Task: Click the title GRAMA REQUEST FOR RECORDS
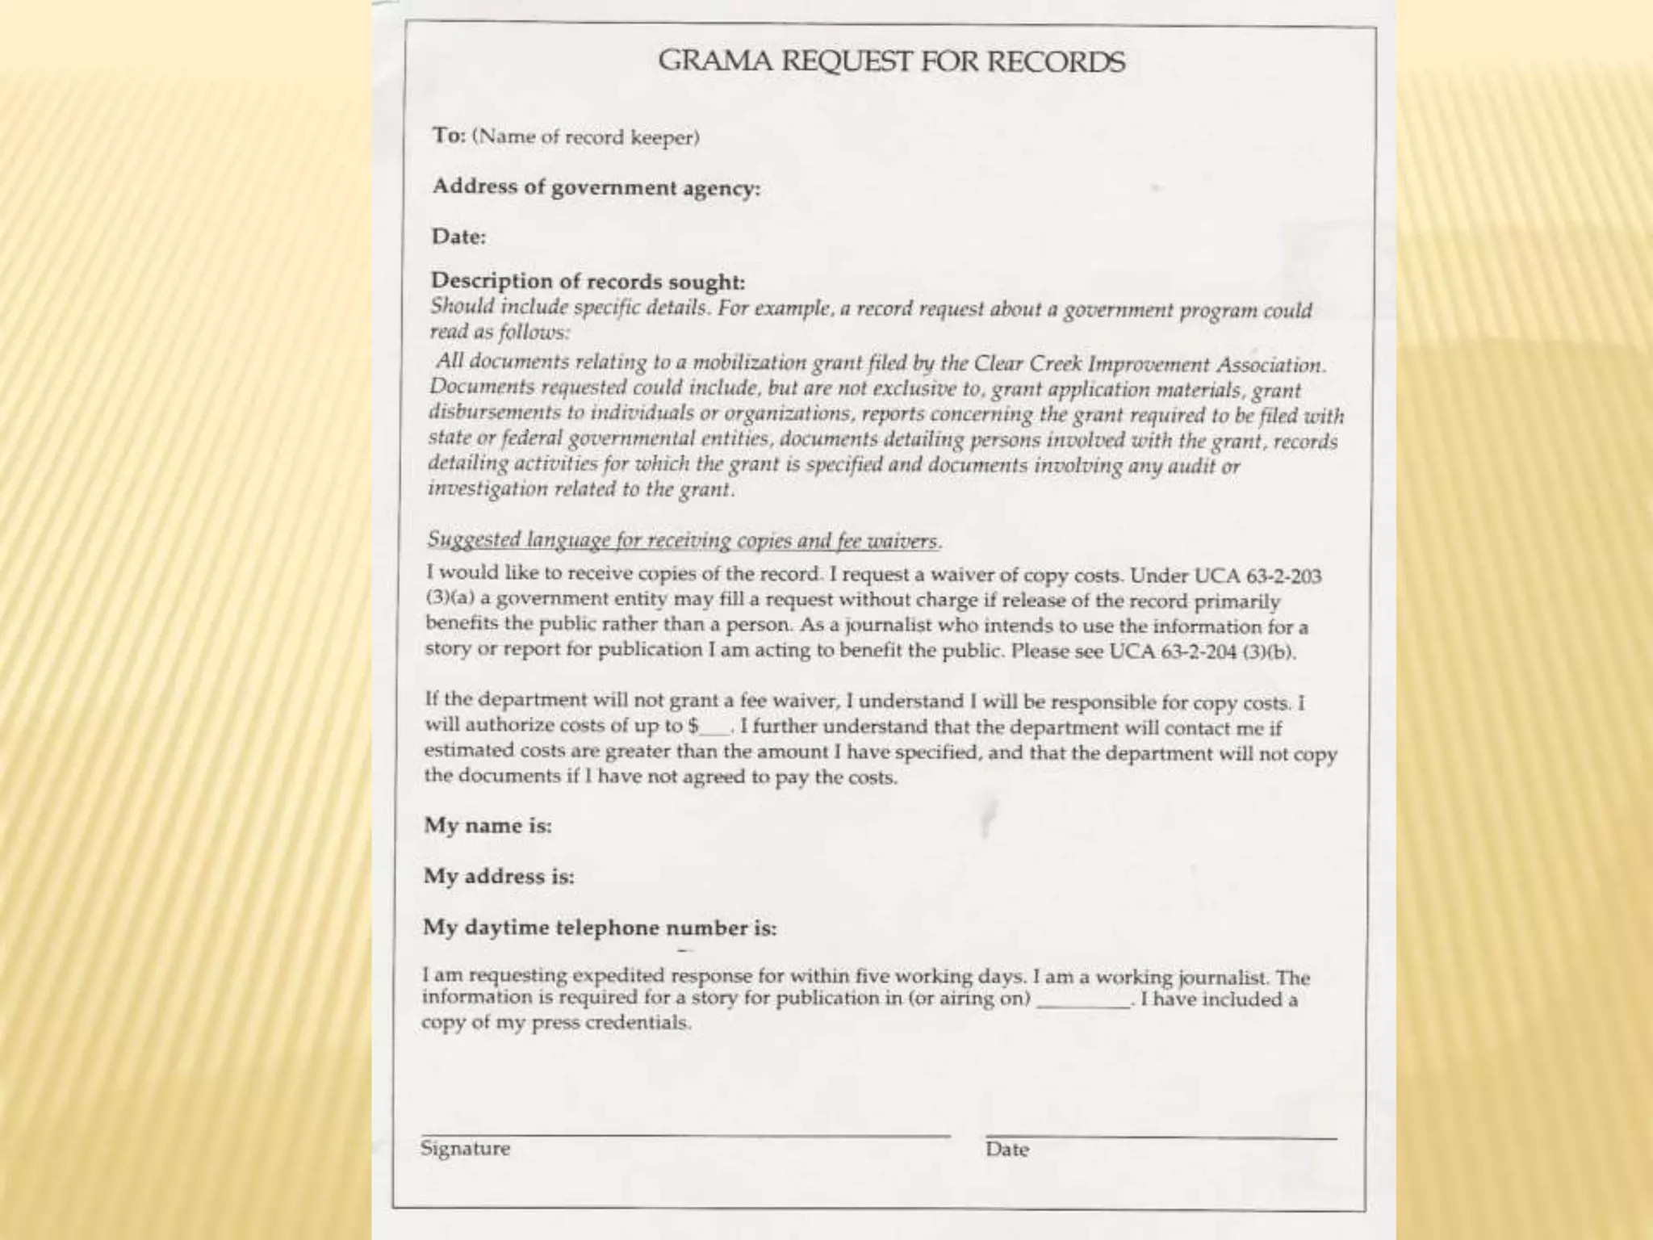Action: pyautogui.click(x=891, y=61)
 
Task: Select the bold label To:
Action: pyautogui.click(x=449, y=136)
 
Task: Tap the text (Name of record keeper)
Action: pyautogui.click(x=586, y=137)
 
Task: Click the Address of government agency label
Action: pyautogui.click(x=596, y=187)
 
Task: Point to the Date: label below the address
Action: pyautogui.click(x=458, y=237)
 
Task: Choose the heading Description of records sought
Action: pyautogui.click(x=588, y=282)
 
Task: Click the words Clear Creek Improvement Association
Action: pyautogui.click(x=1149, y=365)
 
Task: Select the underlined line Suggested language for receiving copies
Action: pyautogui.click(x=684, y=539)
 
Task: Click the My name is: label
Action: pyautogui.click(x=488, y=826)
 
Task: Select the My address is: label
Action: pyautogui.click(x=499, y=877)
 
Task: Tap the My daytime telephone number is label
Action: pyautogui.click(x=599, y=928)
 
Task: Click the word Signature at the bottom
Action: pyautogui.click(x=465, y=1149)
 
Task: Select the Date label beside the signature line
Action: pyautogui.click(x=1006, y=1150)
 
